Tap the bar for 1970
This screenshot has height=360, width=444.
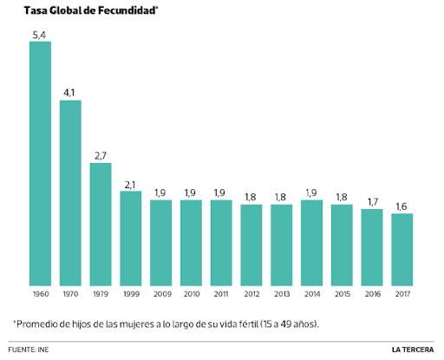click(x=71, y=193)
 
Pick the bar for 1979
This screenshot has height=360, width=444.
click(x=101, y=224)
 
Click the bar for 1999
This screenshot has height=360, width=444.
click(x=131, y=238)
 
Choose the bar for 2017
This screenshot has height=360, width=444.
click(x=402, y=249)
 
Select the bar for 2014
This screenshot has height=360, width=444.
click(x=311, y=242)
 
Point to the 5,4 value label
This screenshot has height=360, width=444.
click(x=41, y=34)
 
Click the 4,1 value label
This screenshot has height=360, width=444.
click(x=71, y=92)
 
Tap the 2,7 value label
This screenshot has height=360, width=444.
click(x=101, y=154)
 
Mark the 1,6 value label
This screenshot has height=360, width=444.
click(x=402, y=205)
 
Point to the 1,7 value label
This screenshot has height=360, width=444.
click(x=371, y=200)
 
